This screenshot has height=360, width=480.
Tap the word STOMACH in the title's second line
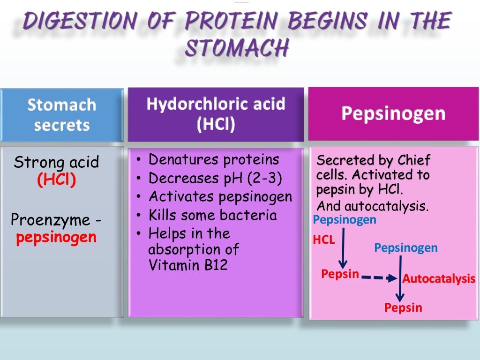[236, 48]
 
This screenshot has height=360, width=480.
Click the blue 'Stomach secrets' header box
[62, 114]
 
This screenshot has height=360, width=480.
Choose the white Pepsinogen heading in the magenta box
[393, 113]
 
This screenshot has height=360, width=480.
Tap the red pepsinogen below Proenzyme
[56, 238]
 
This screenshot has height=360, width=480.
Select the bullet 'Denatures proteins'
[214, 160]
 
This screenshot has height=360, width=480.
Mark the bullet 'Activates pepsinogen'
[220, 197]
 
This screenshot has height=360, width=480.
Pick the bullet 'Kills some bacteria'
[212, 216]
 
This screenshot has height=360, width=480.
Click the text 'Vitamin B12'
[188, 265]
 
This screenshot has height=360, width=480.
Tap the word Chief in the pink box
[414, 160]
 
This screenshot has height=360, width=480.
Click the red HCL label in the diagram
[324, 240]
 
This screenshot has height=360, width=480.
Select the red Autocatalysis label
[439, 279]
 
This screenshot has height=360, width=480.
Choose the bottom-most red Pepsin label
[403, 308]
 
